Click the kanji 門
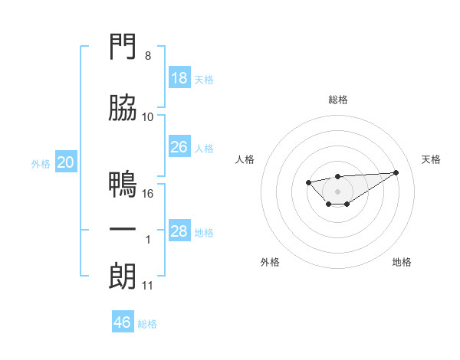[123, 46]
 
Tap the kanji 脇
[123, 107]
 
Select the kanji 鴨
[123, 184]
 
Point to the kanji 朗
[123, 276]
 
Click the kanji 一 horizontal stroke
[123, 229]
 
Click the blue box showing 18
[179, 77]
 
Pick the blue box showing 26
[179, 146]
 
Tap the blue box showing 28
[179, 230]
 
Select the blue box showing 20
[66, 162]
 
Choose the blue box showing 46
[123, 321]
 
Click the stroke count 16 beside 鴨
[147, 194]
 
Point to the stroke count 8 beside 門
[148, 56]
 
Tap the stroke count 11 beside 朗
[147, 286]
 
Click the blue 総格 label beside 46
[147, 324]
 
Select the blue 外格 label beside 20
[41, 164]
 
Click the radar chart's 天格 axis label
[431, 159]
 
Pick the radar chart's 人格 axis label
[245, 159]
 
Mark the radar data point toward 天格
[396, 172]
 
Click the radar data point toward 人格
[308, 182]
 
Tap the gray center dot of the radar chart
[337, 191]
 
